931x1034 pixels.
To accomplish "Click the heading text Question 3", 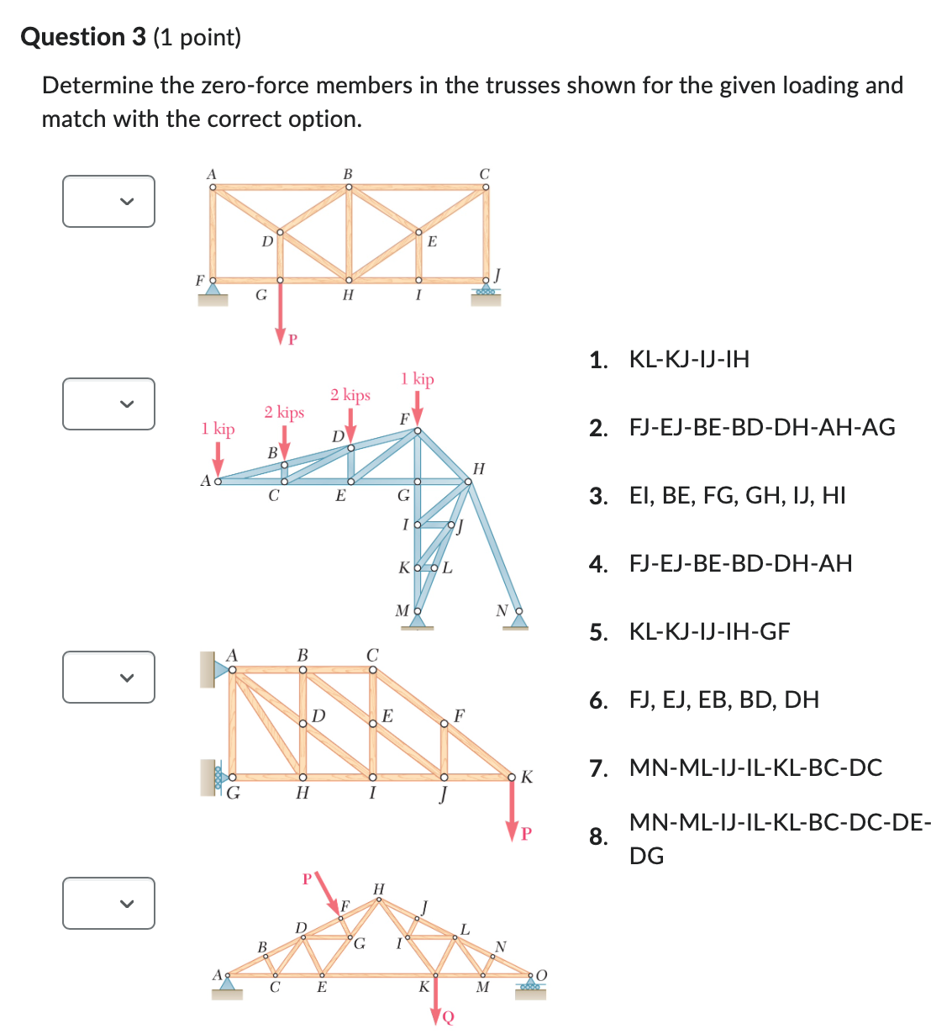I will click(83, 37).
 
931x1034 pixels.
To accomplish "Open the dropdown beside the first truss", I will click(108, 201).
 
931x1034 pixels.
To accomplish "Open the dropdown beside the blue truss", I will click(108, 404).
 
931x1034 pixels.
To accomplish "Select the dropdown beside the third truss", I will click(108, 677).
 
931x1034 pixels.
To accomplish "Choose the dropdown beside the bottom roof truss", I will click(108, 903).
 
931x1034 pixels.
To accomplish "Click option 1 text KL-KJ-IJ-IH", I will click(689, 360).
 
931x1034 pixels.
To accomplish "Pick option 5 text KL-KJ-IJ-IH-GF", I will click(709, 632).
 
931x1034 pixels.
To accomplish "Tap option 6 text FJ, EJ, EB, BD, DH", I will click(723, 700).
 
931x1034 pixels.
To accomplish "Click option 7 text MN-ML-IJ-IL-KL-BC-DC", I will click(755, 768).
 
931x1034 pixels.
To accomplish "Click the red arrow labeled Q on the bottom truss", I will click(436, 1005).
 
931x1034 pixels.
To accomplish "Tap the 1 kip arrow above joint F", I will click(418, 409).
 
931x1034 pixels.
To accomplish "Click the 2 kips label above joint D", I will click(350, 395).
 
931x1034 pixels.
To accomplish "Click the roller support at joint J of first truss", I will click(485, 292).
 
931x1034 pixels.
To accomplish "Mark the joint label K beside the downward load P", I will click(527, 777).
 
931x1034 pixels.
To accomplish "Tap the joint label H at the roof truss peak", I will click(378, 889).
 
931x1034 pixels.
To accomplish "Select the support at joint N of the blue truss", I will click(519, 622).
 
